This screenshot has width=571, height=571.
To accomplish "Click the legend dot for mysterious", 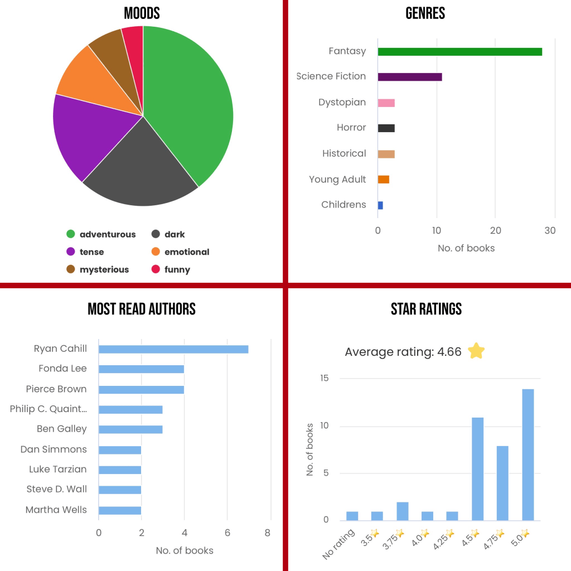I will pos(71,270).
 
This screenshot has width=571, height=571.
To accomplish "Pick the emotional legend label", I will pos(187,252).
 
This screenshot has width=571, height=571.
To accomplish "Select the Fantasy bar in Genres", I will pos(459,52).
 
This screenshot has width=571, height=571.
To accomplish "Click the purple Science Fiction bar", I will pos(410,77).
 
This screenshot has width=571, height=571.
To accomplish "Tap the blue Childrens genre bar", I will pos(380,205).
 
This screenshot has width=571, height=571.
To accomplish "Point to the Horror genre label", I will pos(351,128).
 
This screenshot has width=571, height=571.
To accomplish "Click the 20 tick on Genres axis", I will pos(496,231).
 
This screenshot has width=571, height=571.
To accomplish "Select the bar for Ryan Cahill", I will pos(173,349).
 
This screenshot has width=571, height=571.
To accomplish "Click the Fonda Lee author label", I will pos(62,369).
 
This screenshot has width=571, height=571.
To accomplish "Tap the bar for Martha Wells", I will pos(120,510).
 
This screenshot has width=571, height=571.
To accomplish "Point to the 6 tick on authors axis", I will pos(227,533).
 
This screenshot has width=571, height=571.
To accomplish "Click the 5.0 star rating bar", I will pos(528,454).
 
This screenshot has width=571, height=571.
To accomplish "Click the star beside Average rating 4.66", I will pos(476,351).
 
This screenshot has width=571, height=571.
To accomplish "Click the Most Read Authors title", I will pos(142,309).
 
